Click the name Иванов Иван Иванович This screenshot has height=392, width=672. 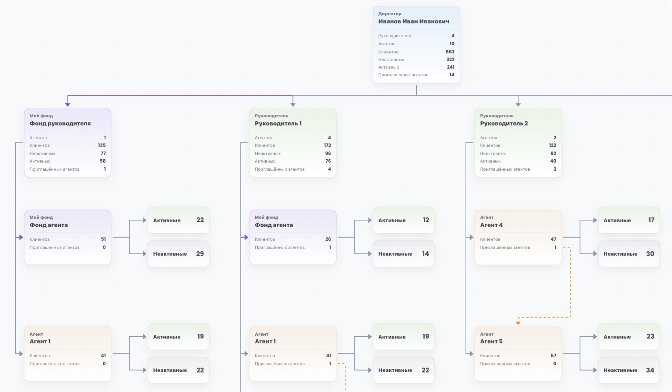click(x=414, y=21)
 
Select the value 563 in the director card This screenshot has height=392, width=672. click(x=450, y=52)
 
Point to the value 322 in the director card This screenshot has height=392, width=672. click(x=450, y=60)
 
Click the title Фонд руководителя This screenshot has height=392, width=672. click(x=60, y=124)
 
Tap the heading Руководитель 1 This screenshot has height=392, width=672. click(x=278, y=124)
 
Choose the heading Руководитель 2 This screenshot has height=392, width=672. click(x=504, y=124)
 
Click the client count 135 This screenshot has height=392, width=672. click(x=102, y=145)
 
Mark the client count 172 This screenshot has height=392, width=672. click(x=327, y=145)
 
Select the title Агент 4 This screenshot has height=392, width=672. click(x=491, y=225)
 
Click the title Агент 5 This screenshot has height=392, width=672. click(x=491, y=341)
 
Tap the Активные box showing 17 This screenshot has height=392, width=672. click(x=629, y=220)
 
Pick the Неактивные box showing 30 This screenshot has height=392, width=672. click(x=629, y=254)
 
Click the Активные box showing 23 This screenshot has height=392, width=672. click(x=629, y=336)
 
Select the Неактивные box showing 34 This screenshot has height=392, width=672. click(x=629, y=370)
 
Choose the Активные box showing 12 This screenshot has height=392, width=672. click(x=403, y=220)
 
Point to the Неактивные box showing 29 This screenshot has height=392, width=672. click(x=178, y=254)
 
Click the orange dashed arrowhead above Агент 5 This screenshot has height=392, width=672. click(x=518, y=323)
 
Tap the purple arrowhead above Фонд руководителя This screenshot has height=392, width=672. click(x=68, y=104)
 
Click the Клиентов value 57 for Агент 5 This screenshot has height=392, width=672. click(x=553, y=356)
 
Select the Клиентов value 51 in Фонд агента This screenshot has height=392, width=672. click(x=103, y=239)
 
